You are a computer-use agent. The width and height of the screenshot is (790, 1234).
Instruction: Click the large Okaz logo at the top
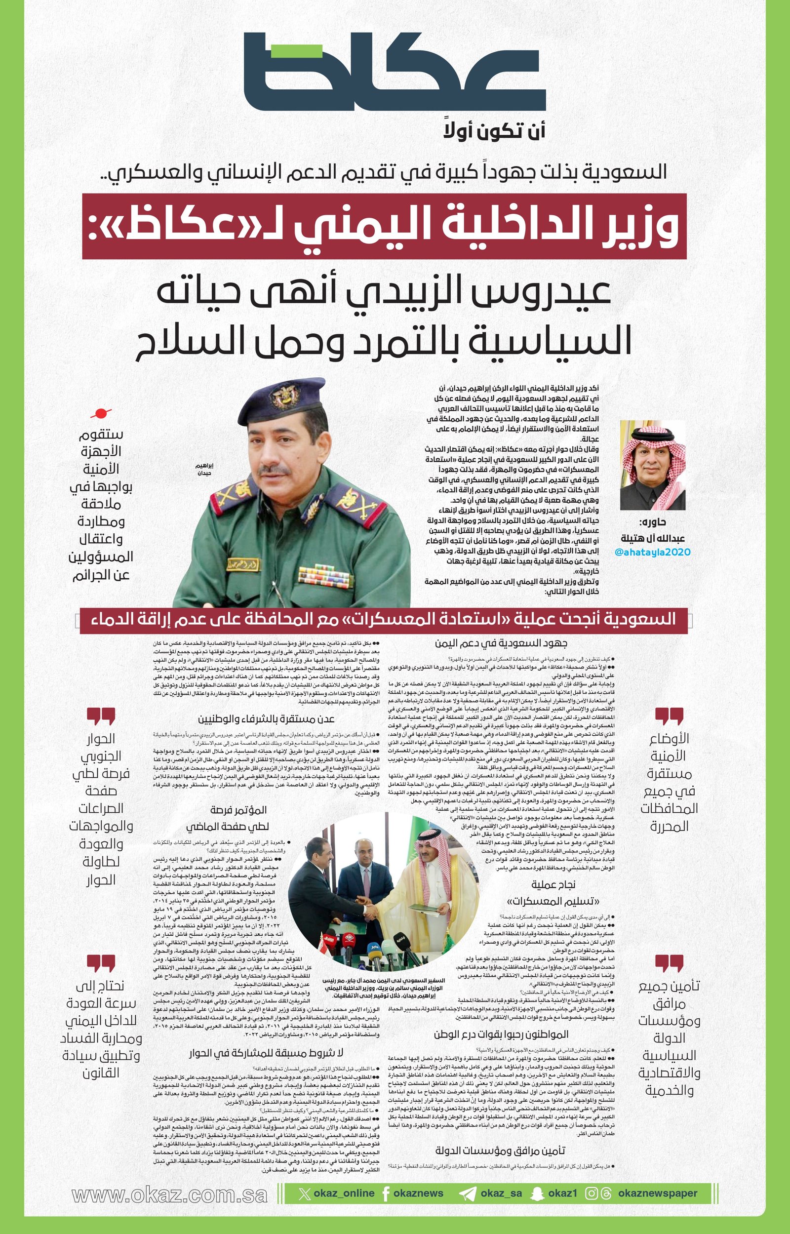tap(394, 72)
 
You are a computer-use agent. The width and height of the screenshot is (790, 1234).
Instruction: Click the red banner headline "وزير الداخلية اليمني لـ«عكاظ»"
tap(384, 226)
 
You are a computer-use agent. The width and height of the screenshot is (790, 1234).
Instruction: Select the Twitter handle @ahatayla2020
tap(652, 553)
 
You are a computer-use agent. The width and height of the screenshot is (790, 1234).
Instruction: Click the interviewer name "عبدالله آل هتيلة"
tap(653, 538)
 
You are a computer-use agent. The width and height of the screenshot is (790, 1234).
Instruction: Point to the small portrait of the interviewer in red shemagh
tap(653, 465)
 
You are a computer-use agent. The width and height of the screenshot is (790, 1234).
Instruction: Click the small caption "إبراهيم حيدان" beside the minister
tap(205, 469)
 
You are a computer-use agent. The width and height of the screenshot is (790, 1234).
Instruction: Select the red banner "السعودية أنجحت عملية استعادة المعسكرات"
tap(384, 620)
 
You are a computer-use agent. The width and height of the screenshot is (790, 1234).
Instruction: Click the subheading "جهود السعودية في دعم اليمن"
tap(501, 643)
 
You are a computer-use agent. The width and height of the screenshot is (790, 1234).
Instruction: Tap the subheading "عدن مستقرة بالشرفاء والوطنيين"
tap(266, 719)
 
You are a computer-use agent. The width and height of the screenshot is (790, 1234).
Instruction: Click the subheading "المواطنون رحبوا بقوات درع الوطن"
tap(501, 1035)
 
